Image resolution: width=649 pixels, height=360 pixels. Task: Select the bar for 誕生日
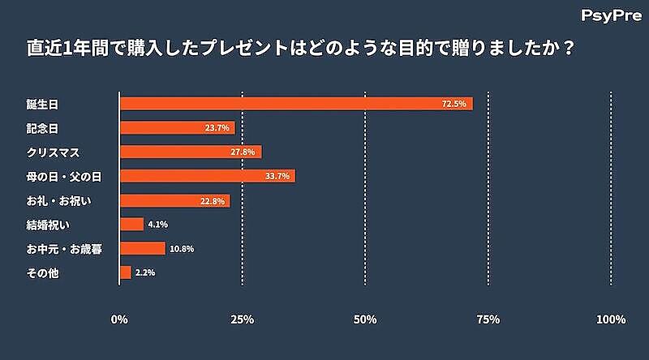295,104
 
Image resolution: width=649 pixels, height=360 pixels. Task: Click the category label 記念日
43,128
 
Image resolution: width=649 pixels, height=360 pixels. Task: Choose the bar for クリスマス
191,152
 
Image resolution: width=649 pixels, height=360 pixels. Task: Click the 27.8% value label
243,152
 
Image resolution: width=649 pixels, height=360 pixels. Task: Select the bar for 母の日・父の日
207,176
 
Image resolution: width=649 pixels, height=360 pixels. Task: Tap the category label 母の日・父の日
62,176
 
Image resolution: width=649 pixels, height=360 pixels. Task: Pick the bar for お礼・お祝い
174,200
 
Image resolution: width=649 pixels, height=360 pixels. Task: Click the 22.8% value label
213,201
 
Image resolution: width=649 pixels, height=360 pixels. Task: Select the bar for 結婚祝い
131,225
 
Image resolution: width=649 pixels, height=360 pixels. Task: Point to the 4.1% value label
157,225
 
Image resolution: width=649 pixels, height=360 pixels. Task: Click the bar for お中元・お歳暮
142,248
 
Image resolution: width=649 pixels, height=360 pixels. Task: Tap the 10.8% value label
183,249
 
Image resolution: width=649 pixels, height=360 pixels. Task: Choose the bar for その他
125,272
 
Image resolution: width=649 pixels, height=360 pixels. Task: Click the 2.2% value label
145,273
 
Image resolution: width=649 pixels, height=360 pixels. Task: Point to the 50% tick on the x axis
365,319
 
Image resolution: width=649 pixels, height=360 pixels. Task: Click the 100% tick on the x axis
610,319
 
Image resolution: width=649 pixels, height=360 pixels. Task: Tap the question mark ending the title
569,49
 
